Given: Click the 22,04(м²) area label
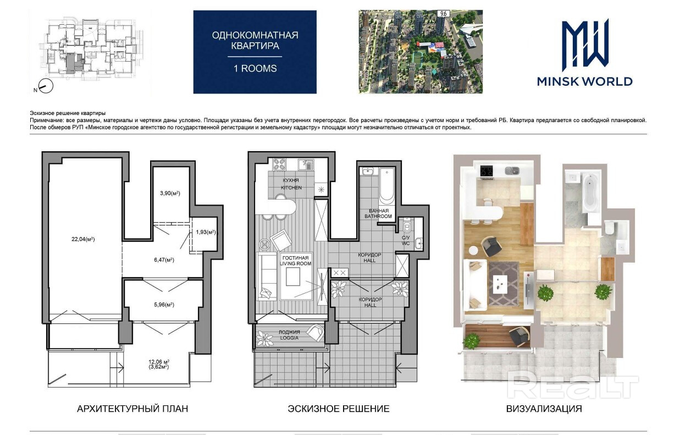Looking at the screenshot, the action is point(83,239).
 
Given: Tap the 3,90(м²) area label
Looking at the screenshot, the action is point(170,193).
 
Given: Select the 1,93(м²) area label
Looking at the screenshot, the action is point(206,232).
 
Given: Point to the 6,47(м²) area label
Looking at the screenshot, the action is point(164,260).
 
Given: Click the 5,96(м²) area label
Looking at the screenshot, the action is point(164,305).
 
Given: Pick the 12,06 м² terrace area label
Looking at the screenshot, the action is point(159,362).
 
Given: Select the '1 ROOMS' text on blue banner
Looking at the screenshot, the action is point(255,69).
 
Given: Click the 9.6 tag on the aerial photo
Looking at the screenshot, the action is point(443,14).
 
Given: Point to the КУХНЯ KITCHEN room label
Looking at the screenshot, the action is point(291,184).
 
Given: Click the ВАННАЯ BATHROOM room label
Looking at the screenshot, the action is point(378,213).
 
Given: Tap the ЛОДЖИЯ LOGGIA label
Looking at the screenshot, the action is point(289,335).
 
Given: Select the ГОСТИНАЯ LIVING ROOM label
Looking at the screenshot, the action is point(295,261).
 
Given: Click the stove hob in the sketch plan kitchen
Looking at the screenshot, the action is point(279,164).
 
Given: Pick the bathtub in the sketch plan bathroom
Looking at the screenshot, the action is point(386,186).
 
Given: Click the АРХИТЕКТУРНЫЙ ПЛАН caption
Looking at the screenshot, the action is point(132,409).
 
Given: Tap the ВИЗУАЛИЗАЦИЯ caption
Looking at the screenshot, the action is point(544,409).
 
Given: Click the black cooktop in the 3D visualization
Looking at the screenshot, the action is point(487,171).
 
